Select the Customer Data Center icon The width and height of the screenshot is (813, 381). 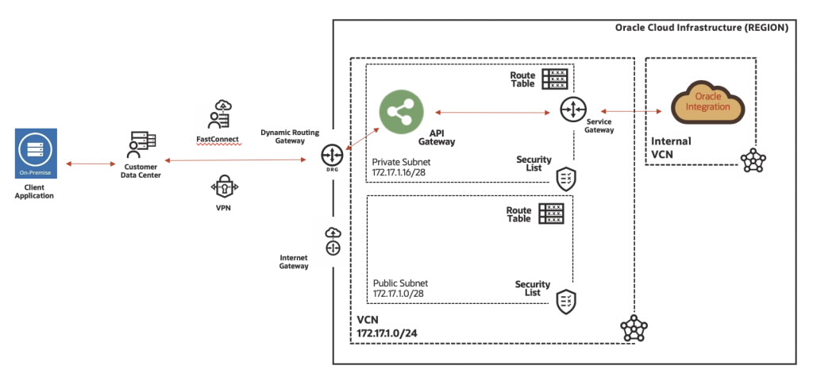pos(141,144)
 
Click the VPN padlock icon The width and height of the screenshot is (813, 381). pos(223,187)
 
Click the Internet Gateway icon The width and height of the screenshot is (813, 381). pos(332,241)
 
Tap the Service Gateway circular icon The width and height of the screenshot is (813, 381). pos(572,110)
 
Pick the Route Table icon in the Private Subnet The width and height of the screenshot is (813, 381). pos(554,79)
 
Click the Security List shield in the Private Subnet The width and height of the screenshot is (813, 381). pos(566,178)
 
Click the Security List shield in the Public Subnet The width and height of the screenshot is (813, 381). pos(566,301)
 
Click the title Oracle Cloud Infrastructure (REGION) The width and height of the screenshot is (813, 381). pos(701,28)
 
